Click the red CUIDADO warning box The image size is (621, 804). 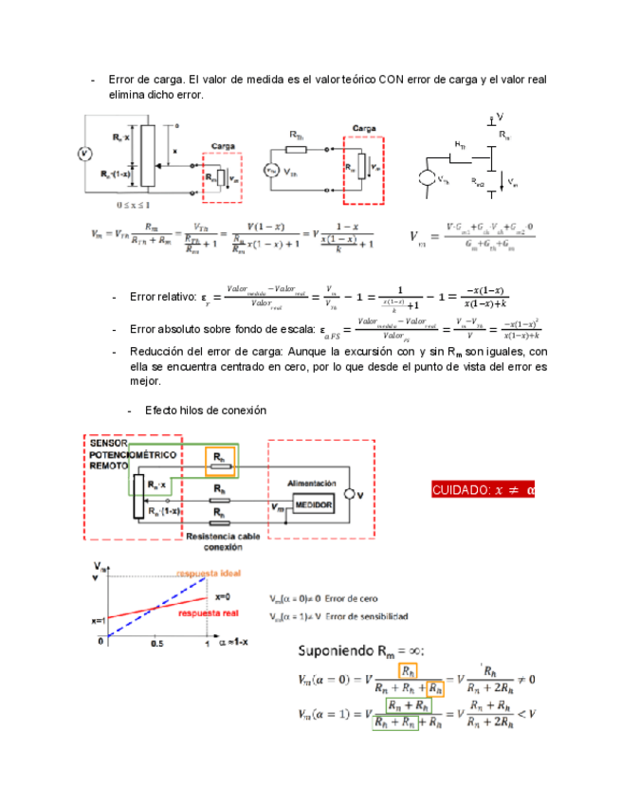483,489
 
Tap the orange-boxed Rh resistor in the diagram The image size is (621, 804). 220,458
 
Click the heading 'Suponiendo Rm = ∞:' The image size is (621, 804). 362,650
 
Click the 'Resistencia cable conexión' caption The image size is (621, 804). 224,541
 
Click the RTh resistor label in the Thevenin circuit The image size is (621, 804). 296,136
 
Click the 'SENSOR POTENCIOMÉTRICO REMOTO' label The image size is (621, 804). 115,454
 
